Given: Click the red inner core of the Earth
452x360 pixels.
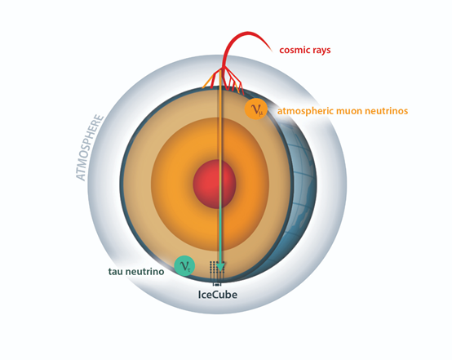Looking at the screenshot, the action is click(x=215, y=184).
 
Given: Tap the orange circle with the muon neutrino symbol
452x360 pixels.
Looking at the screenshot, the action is click(x=256, y=109).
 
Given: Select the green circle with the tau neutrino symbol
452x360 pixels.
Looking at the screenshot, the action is click(x=184, y=265).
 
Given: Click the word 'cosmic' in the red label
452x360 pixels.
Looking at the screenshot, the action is click(x=295, y=50).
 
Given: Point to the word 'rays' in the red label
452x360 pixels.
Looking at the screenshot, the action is click(x=321, y=51).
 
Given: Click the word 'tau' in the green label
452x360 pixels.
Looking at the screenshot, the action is click(x=115, y=272).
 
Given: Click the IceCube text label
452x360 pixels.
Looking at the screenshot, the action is click(x=218, y=295).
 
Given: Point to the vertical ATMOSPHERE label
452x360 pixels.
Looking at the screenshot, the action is click(x=89, y=148).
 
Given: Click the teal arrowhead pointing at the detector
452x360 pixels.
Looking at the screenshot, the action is click(x=220, y=266).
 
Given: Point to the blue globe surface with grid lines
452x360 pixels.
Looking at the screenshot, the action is click(x=303, y=184).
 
